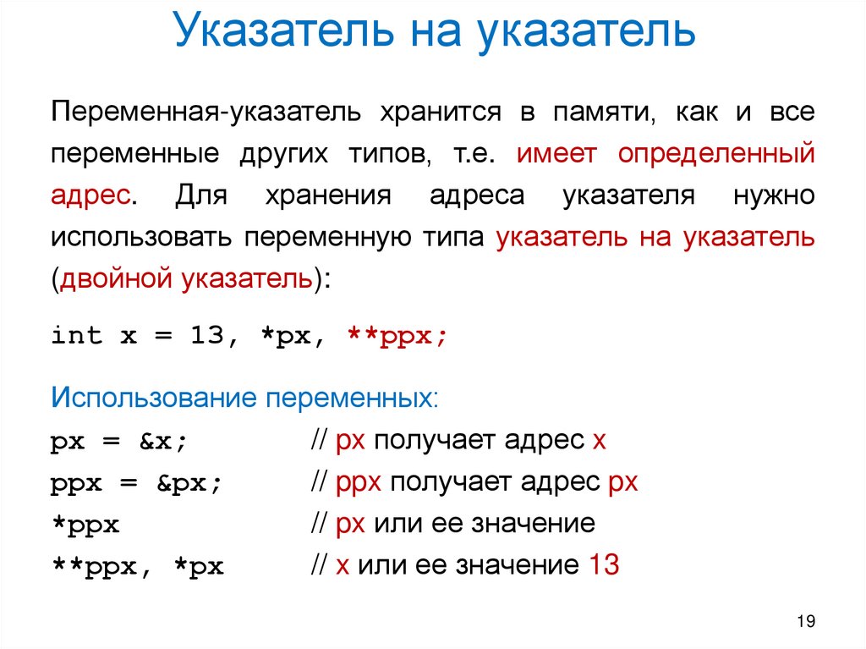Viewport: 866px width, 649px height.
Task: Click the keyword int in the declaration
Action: (x=76, y=336)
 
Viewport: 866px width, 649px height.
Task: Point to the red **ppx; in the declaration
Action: (x=397, y=336)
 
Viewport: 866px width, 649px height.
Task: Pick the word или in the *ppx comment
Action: (x=392, y=524)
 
